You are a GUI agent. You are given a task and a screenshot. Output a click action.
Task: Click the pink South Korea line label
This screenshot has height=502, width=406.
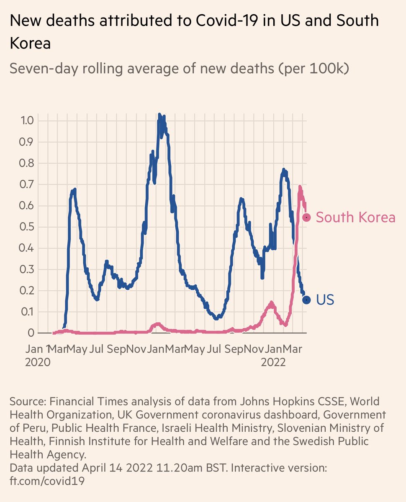tap(355, 217)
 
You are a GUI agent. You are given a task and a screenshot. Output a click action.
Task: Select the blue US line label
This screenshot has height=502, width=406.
tap(325, 300)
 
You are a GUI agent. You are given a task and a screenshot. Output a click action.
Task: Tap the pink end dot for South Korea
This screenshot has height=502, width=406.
tap(306, 217)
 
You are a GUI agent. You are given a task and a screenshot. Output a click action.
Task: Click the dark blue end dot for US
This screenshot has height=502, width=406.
tap(306, 300)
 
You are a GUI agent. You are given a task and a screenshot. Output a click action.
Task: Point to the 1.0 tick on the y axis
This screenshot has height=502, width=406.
tap(27, 120)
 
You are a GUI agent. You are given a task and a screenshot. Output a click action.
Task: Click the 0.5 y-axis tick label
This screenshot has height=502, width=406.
tap(27, 227)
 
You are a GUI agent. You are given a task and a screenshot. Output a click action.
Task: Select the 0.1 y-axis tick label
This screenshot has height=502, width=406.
tap(27, 312)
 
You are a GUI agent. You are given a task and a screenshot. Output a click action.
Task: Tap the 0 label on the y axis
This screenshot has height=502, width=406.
tap(31, 333)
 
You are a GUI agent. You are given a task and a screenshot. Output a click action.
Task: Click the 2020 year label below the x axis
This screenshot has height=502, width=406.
tap(38, 362)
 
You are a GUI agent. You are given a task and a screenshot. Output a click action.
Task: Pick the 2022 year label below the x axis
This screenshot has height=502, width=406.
tap(273, 362)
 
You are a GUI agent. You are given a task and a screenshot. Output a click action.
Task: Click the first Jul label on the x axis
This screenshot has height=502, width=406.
tap(96, 349)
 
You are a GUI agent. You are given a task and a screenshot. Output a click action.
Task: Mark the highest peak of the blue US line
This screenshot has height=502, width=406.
tap(159, 115)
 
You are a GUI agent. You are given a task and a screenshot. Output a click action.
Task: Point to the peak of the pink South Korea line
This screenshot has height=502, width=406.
tap(300, 187)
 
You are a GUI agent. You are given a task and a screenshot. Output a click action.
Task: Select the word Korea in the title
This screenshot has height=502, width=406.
tap(30, 44)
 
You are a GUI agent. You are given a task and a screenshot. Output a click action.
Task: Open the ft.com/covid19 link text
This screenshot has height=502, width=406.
tap(47, 481)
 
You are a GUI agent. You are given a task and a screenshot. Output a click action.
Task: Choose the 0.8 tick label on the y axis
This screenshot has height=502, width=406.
tap(27, 163)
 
